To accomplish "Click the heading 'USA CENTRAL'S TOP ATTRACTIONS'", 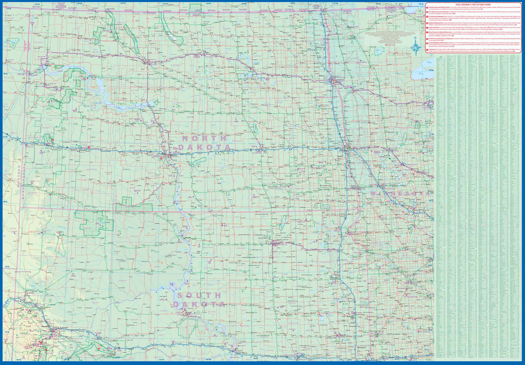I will [x=473, y=5].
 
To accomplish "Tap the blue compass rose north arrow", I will [x=415, y=46].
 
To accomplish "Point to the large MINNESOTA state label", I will [x=400, y=194].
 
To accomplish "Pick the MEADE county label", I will [x=85, y=303].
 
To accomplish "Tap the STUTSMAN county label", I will [x=247, y=141].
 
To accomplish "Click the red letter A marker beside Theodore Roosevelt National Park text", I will [x=427, y=8].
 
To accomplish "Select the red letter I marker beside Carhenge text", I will [x=427, y=49].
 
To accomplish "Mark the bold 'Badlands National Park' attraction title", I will [x=436, y=23].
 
